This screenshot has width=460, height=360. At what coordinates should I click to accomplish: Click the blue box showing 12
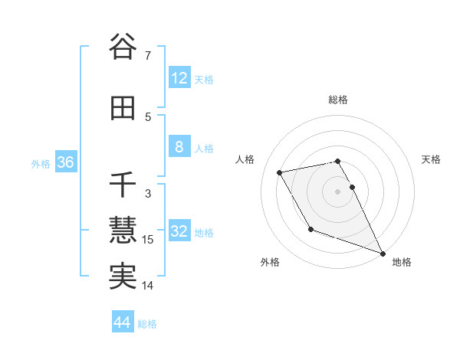click(179, 77)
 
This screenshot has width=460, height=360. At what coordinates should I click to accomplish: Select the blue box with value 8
click(179, 147)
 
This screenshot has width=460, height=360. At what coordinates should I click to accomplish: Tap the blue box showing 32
click(179, 231)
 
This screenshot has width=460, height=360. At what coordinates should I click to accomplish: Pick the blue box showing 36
click(65, 162)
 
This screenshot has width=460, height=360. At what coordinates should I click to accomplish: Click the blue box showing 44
click(123, 322)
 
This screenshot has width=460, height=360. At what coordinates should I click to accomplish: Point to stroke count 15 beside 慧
click(149, 240)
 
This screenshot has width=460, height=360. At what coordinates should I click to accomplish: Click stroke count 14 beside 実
click(149, 286)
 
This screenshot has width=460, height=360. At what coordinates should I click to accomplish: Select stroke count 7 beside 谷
click(149, 56)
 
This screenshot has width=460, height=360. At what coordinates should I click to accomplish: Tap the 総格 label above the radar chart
click(338, 100)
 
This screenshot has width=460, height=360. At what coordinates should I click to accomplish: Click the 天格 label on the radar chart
click(431, 159)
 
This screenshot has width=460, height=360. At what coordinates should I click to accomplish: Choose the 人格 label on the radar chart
click(245, 159)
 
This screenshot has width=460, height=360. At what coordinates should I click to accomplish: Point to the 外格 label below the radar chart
click(270, 262)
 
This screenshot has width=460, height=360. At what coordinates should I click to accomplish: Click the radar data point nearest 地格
click(383, 253)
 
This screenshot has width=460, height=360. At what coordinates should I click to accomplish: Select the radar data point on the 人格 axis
click(280, 172)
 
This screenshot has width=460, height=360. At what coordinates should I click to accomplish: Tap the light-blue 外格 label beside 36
click(41, 163)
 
